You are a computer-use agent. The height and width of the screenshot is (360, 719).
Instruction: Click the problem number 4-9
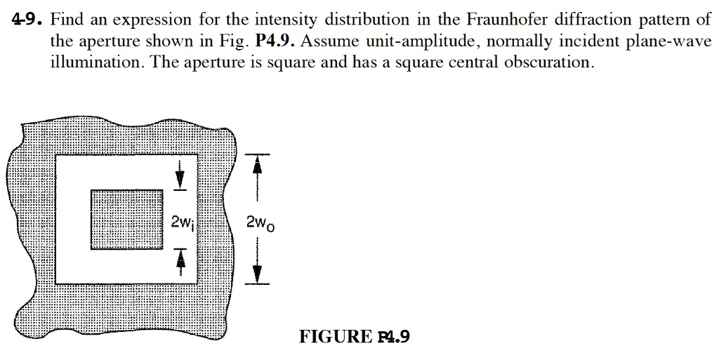(x=27, y=19)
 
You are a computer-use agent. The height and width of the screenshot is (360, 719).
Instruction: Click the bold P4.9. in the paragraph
(x=275, y=41)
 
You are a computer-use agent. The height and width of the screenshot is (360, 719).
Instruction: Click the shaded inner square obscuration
(x=127, y=220)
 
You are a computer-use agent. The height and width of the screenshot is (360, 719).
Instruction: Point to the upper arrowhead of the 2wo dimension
(x=257, y=164)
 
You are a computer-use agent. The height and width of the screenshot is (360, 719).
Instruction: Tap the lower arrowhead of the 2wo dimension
(x=257, y=274)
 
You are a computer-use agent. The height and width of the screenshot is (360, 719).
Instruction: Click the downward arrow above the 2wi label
(x=180, y=174)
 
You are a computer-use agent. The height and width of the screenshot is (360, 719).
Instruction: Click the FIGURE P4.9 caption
(x=355, y=337)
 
